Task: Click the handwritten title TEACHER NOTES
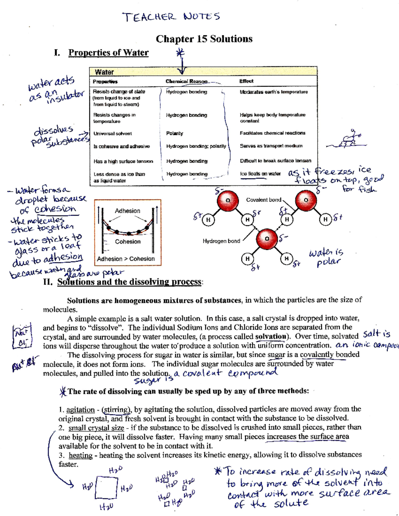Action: (171, 17)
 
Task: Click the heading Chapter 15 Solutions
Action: (204, 39)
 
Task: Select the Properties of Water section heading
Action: (108, 52)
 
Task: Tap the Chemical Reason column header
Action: (187, 81)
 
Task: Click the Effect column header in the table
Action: (246, 81)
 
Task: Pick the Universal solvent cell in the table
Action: (112, 134)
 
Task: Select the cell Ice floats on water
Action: (260, 174)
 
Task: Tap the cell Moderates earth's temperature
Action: (274, 92)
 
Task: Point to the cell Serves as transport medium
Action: (271, 146)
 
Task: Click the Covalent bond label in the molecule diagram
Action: (263, 200)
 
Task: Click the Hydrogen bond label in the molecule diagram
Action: (221, 241)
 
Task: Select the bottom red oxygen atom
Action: (266, 239)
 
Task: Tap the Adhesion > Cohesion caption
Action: (126, 259)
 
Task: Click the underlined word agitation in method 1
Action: (80, 410)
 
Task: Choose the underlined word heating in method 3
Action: (80, 455)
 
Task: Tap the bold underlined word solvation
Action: (270, 336)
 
